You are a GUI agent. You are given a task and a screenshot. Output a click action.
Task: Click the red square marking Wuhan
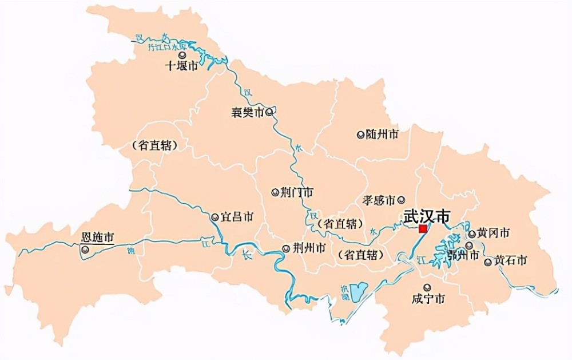tap(423, 229)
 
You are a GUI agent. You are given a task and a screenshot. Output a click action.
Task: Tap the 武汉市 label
tap(426, 216)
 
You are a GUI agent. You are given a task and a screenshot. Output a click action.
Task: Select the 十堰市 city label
tap(181, 66)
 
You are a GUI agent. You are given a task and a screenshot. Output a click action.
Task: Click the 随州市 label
tap(382, 134)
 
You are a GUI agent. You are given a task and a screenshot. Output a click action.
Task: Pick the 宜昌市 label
tap(238, 217)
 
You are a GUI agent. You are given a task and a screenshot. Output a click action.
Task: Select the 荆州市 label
tap(309, 248)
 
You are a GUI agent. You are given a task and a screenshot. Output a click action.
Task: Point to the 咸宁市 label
tap(428, 298)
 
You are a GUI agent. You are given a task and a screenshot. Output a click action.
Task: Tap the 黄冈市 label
tap(493, 233)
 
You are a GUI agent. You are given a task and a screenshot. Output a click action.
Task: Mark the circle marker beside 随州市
tap(360, 134)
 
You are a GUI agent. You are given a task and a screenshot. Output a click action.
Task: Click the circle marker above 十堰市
tap(182, 55)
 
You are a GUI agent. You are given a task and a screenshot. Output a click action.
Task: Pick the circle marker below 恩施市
tap(85, 250)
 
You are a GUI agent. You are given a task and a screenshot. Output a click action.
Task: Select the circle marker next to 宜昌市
tap(215, 217)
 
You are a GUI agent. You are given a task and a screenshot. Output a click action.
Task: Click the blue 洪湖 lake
tap(359, 293)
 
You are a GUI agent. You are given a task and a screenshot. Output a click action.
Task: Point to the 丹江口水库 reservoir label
tap(168, 45)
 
